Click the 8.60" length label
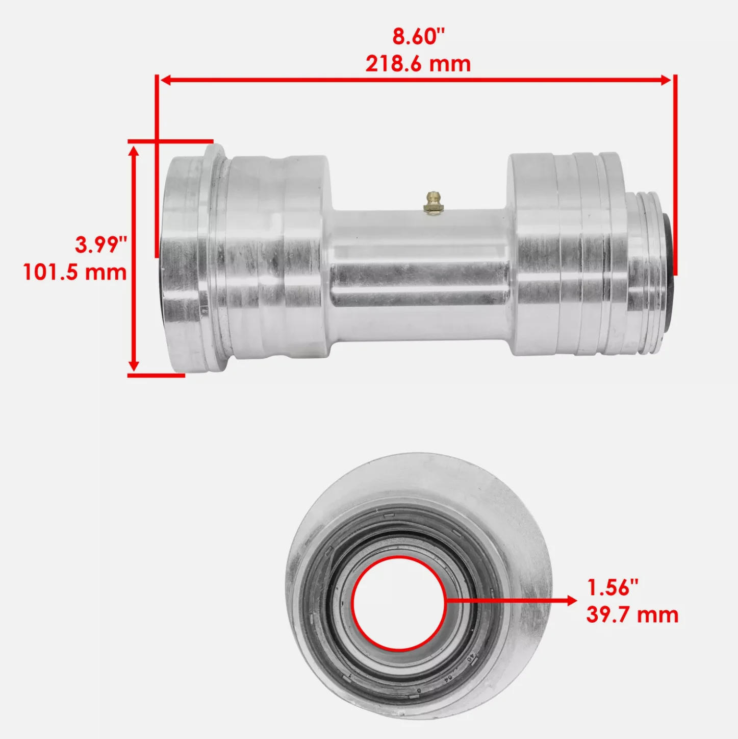418,37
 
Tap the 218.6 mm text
418,64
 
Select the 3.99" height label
100,245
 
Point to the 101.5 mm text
75,272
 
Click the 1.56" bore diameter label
613,587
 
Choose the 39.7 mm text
632,614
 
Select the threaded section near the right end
643,270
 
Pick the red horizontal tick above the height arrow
170,140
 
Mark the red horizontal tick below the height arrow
156,376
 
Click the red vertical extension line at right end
675,174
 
